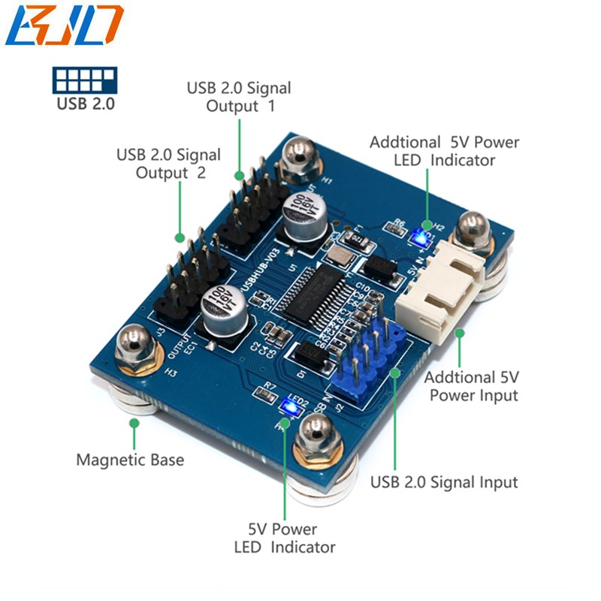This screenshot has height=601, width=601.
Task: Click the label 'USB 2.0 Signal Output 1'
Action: tap(239, 97)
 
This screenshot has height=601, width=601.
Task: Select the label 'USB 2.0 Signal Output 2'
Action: tap(168, 164)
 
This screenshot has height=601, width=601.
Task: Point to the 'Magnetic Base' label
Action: tap(129, 459)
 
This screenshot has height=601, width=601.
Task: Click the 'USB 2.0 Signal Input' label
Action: tap(444, 482)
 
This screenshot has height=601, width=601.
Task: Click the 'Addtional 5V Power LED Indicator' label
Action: tap(444, 150)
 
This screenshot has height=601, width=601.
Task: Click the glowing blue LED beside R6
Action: tap(421, 238)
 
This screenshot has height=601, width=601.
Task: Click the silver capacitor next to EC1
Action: tap(222, 310)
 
